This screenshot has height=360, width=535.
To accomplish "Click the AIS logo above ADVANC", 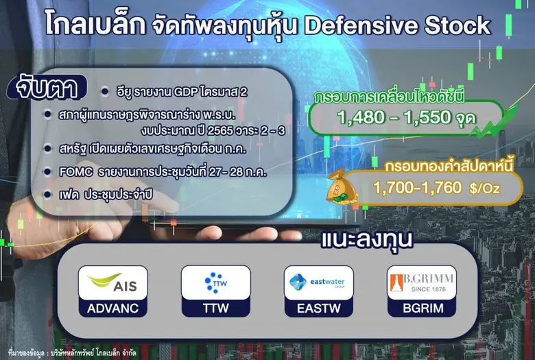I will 112,283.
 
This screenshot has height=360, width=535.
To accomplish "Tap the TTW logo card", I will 215,283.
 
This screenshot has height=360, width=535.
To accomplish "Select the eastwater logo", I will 318,283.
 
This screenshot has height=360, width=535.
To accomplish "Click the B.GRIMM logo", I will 421,283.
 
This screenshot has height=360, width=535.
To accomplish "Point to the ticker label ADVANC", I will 112,309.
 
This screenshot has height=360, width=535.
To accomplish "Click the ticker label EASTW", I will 318,309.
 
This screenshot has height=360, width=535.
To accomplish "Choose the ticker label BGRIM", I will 421,309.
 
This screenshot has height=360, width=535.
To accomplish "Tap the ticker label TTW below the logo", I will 215,309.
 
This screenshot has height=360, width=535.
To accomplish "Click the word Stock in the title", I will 457,25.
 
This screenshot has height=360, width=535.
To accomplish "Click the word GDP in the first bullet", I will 185,91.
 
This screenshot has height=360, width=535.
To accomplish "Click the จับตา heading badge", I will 48,90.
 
